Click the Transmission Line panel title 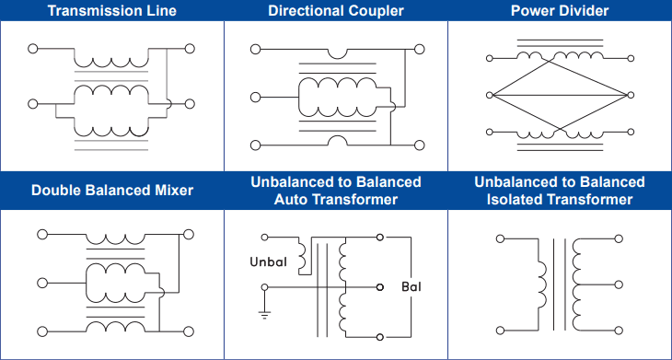coord(112,10)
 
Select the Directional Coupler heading coord(336,10)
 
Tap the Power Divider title coord(560,10)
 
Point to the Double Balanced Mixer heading coord(112,190)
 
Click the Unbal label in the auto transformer coord(268,261)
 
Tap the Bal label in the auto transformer coord(411,286)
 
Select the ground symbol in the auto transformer coord(264,316)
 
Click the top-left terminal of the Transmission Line coord(33,49)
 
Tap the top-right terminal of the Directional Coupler coord(420,50)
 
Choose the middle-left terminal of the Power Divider coord(490,95)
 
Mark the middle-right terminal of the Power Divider coord(631,95)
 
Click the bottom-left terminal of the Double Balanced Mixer coord(42,331)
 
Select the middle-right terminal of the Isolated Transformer coord(619,285)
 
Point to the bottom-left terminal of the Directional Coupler coord(255,145)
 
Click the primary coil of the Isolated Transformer coord(542,285)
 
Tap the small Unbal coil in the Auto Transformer coord(302,256)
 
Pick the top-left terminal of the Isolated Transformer coord(500,238)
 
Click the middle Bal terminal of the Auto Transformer coord(379,287)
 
